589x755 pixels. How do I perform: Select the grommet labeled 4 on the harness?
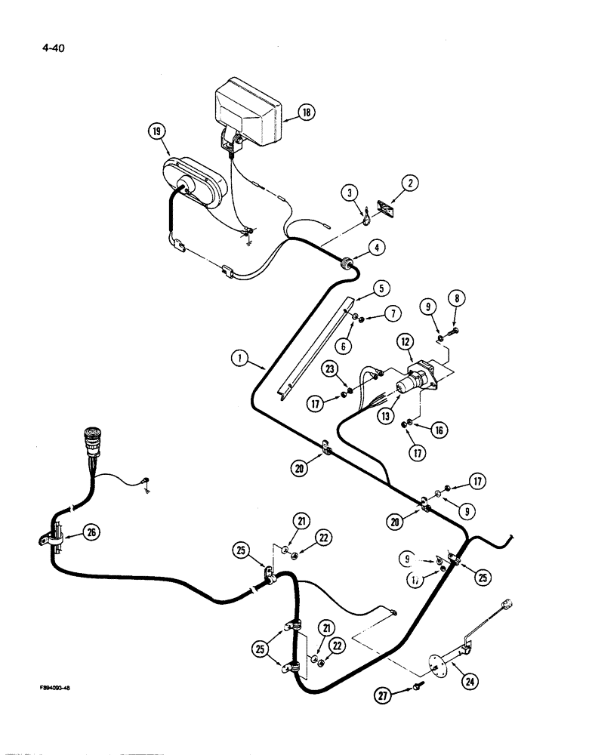(346, 263)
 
